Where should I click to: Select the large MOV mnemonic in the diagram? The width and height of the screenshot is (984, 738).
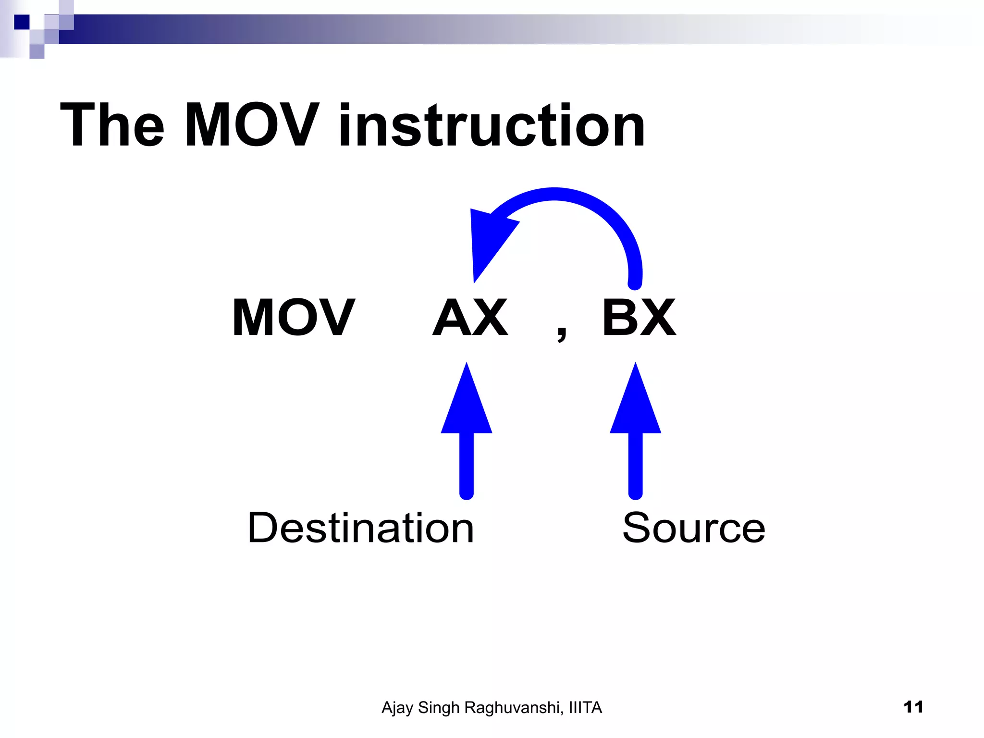293,318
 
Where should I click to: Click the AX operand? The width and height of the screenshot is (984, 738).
470,318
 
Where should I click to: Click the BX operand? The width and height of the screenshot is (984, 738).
639,318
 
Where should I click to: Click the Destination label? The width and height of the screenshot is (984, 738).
360,528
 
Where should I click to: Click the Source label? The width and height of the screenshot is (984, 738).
693,528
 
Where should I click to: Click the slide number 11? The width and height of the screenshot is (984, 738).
913,707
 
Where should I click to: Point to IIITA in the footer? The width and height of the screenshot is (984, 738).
585,708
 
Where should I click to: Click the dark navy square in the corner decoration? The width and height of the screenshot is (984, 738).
22,22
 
